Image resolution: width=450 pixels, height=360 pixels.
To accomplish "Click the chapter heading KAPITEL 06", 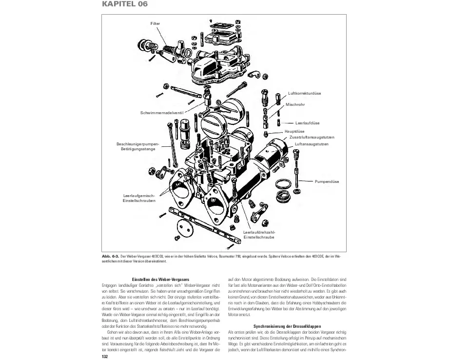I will click(124, 4).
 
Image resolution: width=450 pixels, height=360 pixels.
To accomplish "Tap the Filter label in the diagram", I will click(155, 23).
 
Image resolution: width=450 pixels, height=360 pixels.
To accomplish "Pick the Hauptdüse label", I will click(294, 131).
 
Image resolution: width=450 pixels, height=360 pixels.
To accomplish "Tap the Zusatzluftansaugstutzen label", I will click(312, 137).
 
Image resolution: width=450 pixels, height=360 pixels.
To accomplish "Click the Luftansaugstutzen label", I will click(312, 144).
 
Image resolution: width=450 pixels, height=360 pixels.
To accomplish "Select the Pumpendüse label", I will click(327, 181).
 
